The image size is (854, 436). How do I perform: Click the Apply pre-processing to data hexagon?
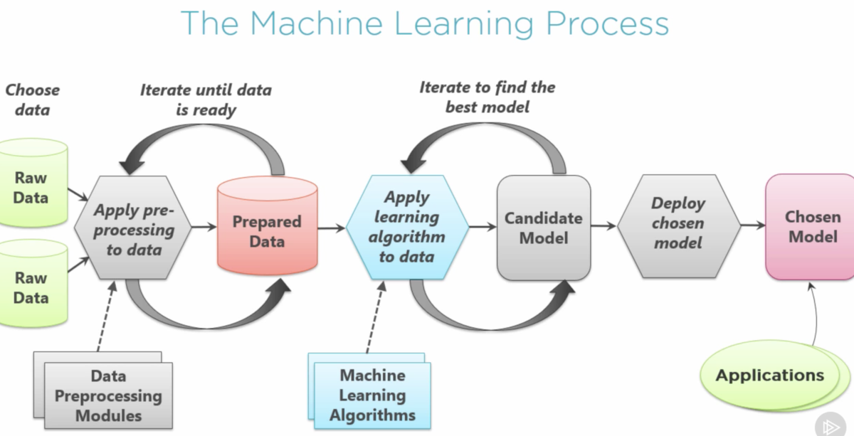pyautogui.click(x=134, y=229)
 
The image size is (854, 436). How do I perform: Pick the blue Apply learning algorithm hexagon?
pyautogui.click(x=407, y=227)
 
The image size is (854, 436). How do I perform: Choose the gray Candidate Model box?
pyautogui.click(x=543, y=228)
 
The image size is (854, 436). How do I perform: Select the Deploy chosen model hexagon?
pyautogui.click(x=678, y=223)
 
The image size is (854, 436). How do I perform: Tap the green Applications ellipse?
pyautogui.click(x=769, y=376)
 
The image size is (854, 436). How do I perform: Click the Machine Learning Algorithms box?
pyautogui.click(x=372, y=395)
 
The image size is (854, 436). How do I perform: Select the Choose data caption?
pyautogui.click(x=32, y=100)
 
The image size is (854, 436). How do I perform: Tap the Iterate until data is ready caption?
pyautogui.click(x=205, y=100)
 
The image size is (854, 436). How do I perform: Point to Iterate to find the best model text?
pyautogui.click(x=487, y=97)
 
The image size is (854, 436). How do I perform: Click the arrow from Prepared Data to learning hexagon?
pyautogui.click(x=331, y=228)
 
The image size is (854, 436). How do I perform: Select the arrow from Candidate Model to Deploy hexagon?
pyautogui.click(x=603, y=226)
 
